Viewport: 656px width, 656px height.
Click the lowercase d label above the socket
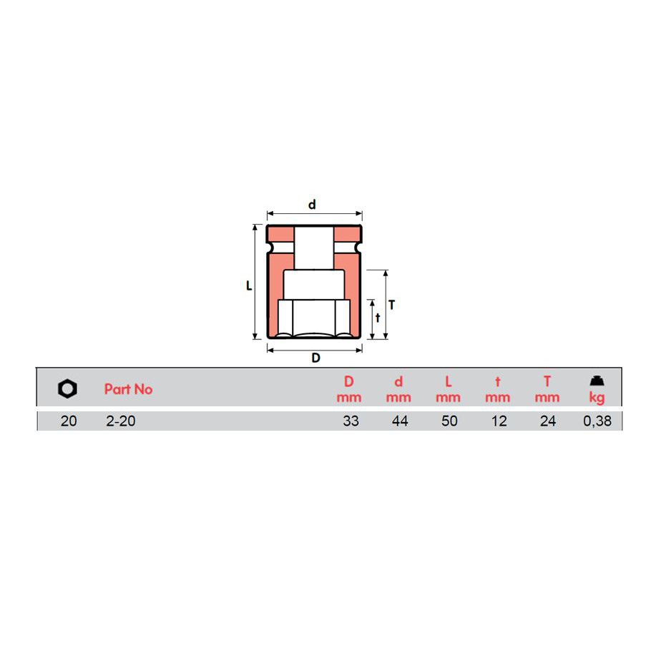(312, 205)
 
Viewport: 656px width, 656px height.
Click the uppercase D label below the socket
(316, 358)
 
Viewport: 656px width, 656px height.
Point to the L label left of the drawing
(249, 285)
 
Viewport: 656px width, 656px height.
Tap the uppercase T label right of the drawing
(391, 305)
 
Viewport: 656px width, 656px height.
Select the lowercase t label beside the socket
(378, 318)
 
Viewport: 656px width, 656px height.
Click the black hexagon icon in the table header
(67, 388)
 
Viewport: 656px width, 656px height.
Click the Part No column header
(129, 389)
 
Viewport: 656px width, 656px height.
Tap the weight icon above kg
(597, 381)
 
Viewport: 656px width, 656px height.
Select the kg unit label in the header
(597, 398)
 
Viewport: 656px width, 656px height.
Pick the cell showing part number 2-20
(120, 421)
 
